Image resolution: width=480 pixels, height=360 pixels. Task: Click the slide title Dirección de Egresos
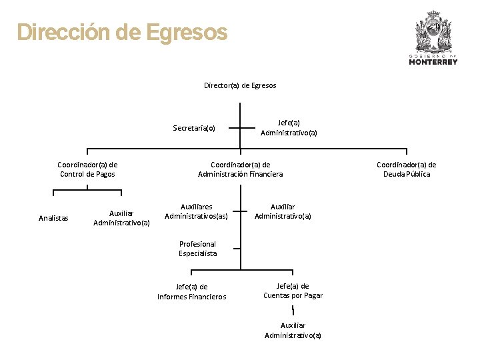(x=122, y=33)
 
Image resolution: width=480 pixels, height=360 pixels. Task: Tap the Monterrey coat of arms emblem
(x=433, y=33)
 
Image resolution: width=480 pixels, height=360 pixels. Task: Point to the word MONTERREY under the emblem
(x=433, y=62)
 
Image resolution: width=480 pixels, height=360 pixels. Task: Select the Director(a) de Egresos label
(x=240, y=85)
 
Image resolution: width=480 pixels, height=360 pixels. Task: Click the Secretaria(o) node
(x=194, y=127)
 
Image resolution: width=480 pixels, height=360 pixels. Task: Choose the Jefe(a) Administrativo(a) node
(x=289, y=127)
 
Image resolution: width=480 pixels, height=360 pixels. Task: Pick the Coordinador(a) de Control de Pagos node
(x=87, y=169)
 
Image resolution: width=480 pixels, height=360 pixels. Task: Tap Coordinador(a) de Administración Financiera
(x=240, y=169)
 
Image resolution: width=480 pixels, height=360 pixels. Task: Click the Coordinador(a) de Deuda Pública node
(x=407, y=169)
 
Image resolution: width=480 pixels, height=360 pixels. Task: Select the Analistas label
(x=53, y=217)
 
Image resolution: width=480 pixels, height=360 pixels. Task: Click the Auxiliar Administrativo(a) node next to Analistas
(x=121, y=217)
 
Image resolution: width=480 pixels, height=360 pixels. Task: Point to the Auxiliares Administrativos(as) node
(x=196, y=211)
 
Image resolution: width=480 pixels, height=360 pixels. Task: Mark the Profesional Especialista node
(x=197, y=249)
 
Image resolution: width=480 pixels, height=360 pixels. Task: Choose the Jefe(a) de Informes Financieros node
(x=191, y=292)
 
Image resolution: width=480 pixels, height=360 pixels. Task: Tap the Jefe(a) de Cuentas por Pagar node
(x=293, y=291)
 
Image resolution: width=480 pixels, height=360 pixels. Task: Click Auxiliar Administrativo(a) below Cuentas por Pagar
(x=293, y=330)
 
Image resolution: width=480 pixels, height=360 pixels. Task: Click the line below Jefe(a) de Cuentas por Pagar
(x=293, y=310)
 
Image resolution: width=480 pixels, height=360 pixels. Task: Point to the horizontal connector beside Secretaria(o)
(x=240, y=128)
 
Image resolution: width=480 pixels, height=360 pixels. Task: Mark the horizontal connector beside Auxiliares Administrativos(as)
(x=240, y=212)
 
